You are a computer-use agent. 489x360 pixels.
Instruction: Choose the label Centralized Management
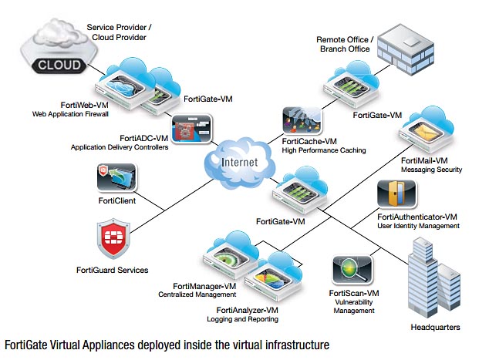pos(197,294)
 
